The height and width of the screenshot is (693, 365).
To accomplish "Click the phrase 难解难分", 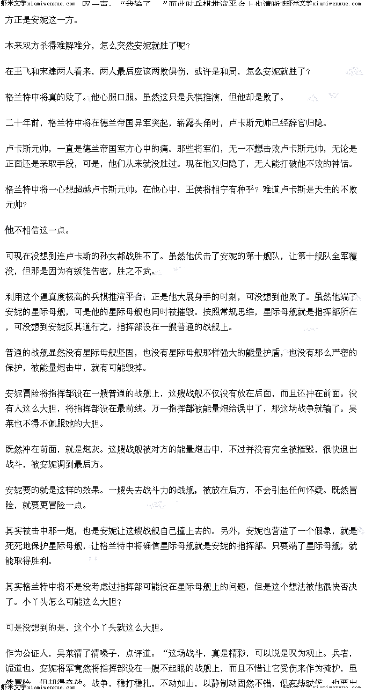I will click(71, 46).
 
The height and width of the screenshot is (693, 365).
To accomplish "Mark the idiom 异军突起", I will click(151, 123).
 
